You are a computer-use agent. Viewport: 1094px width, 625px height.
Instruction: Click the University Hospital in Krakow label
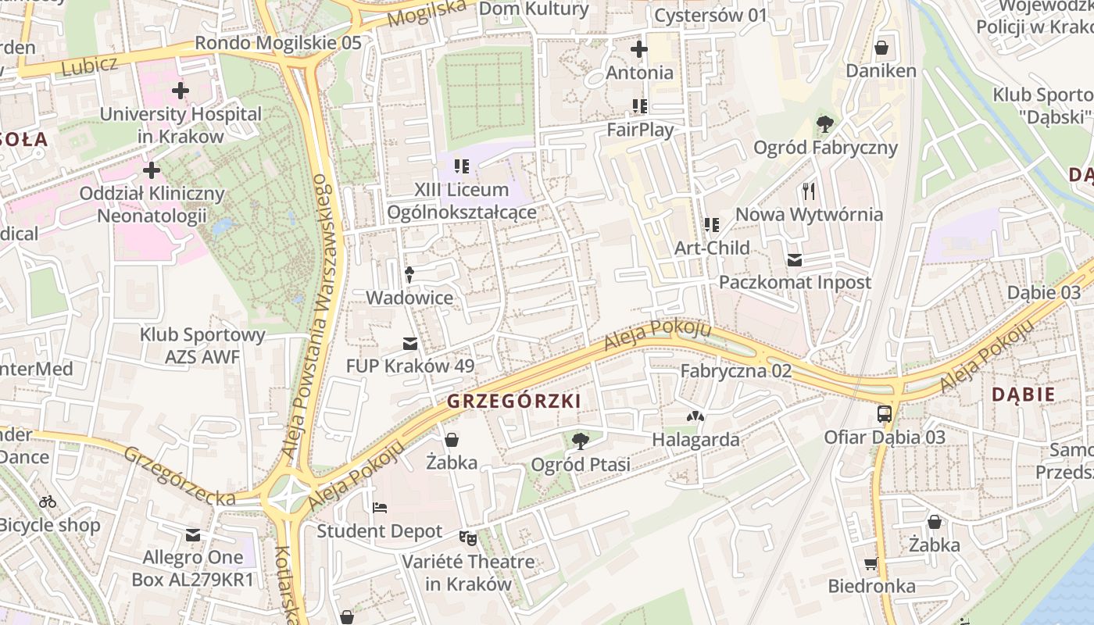pyautogui.click(x=180, y=125)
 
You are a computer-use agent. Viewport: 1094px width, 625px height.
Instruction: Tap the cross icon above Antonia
pyautogui.click(x=639, y=49)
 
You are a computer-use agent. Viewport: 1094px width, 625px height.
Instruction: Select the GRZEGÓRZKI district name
pyautogui.click(x=514, y=402)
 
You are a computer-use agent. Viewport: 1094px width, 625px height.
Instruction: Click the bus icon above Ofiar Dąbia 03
pyautogui.click(x=885, y=414)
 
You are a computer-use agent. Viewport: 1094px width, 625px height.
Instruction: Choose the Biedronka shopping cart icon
pyautogui.click(x=871, y=563)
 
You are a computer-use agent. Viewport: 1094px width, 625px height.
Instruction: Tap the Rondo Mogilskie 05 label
pyautogui.click(x=277, y=42)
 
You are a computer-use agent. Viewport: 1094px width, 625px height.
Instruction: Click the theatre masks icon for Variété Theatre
pyautogui.click(x=468, y=537)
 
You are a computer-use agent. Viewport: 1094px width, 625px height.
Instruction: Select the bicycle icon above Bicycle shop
pyautogui.click(x=48, y=502)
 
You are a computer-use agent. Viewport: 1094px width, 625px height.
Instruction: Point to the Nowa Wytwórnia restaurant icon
pyautogui.click(x=809, y=191)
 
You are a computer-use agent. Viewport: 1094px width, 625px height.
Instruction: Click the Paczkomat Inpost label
pyautogui.click(x=795, y=282)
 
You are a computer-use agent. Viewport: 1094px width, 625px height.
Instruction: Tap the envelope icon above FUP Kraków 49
pyautogui.click(x=409, y=344)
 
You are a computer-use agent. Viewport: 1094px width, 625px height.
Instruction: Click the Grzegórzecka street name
pyautogui.click(x=179, y=476)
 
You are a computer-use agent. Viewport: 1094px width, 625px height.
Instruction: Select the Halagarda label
pyautogui.click(x=695, y=440)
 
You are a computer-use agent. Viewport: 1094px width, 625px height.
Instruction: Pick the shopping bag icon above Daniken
pyautogui.click(x=881, y=48)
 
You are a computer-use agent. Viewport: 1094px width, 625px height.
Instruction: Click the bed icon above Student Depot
pyautogui.click(x=380, y=508)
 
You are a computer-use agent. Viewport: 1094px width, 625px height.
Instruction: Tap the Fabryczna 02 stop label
pyautogui.click(x=735, y=371)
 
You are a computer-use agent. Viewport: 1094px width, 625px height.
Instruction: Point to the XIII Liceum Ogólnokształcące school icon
pyautogui.click(x=461, y=166)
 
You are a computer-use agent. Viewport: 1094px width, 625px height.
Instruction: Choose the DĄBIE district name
pyautogui.click(x=1023, y=395)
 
